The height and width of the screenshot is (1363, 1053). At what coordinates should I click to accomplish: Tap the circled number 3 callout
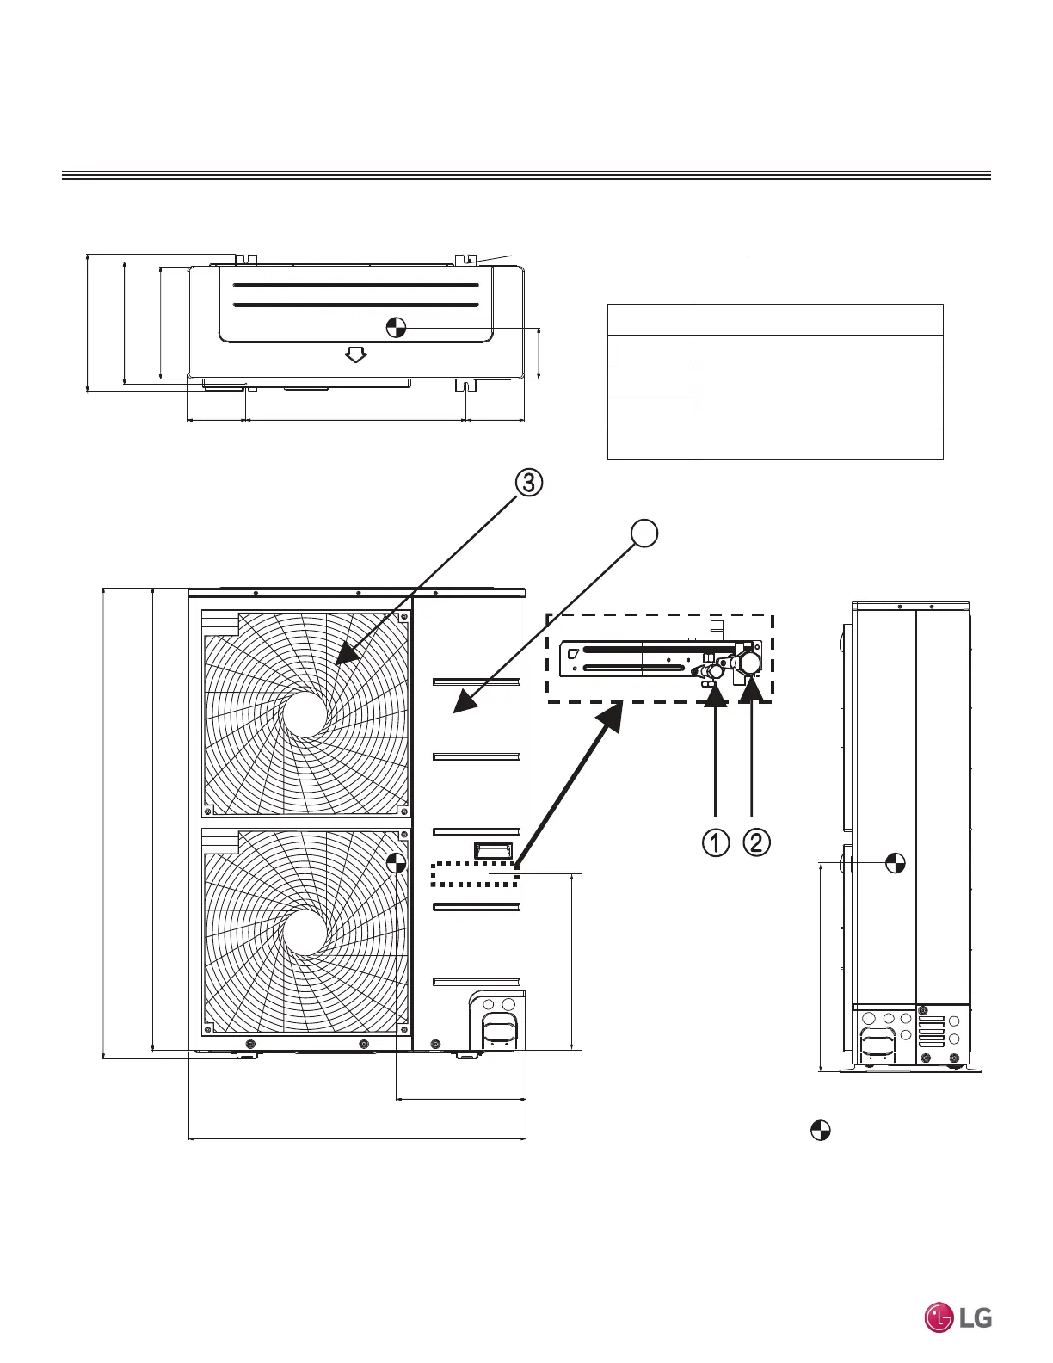(529, 483)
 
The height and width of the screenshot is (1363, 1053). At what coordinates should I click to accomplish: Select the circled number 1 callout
(715, 842)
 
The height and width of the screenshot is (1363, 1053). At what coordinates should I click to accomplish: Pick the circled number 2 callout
(756, 842)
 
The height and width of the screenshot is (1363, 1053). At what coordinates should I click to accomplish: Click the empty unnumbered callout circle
(644, 533)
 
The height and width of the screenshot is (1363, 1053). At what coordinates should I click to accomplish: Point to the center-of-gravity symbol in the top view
(396, 327)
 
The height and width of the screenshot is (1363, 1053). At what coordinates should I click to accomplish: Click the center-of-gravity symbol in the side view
(896, 861)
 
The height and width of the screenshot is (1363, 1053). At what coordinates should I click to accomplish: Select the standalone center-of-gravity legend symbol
(821, 1131)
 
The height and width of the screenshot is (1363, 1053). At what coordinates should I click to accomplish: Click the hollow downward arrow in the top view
(355, 354)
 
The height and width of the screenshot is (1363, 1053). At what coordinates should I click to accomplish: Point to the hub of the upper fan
(305, 714)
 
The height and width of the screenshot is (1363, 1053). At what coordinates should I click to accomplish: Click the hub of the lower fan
(305, 933)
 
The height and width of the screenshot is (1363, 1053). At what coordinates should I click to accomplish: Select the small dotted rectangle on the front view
(475, 873)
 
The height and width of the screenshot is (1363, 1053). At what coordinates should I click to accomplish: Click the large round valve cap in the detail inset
(749, 662)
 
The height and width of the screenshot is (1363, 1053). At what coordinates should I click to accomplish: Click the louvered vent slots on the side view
(932, 1031)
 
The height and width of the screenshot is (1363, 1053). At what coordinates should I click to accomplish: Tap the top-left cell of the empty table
(650, 319)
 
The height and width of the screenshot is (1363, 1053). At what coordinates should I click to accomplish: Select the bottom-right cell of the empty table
(817, 444)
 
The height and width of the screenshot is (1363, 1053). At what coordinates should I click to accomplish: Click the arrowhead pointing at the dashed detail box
(612, 713)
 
